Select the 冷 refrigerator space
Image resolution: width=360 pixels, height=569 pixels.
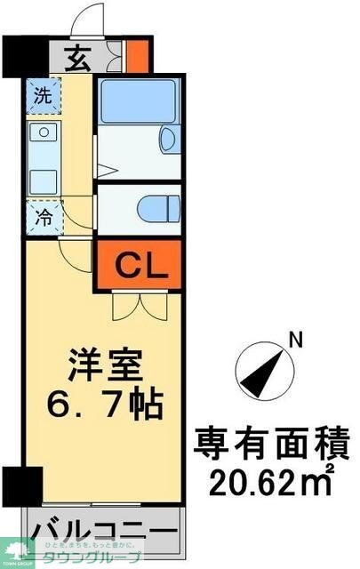pos(42,216)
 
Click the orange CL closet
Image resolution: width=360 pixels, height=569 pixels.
pos(138,264)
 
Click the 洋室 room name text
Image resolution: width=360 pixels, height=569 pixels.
pos(103,366)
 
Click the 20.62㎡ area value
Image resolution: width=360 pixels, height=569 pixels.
pos(272,483)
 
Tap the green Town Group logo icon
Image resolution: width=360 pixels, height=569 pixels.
pos(15,552)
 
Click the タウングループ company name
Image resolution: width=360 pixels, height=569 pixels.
pos(92,557)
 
